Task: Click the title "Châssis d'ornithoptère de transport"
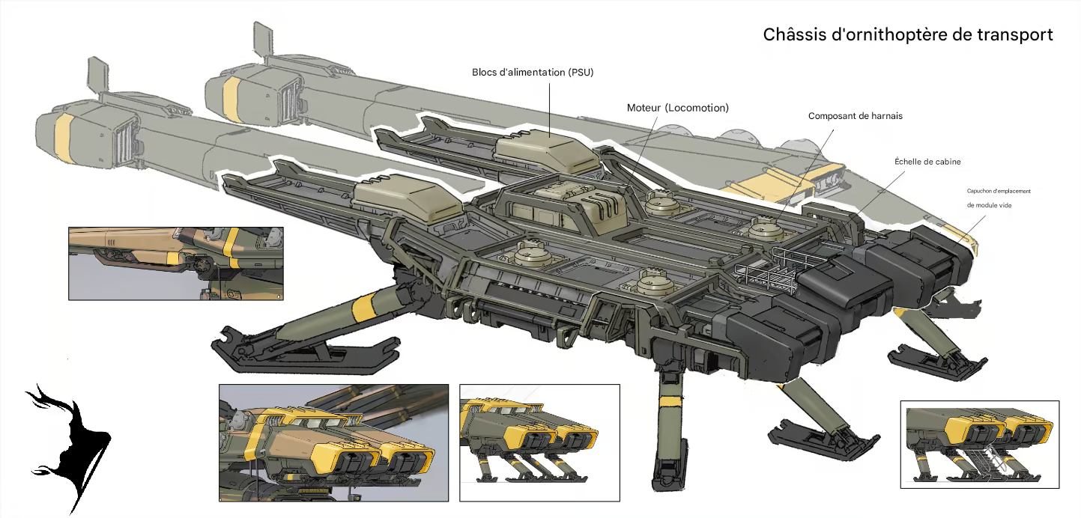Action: pos(908,34)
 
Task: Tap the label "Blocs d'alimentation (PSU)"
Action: pos(533,73)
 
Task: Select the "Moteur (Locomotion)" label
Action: pos(677,108)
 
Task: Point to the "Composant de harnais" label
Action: pos(856,116)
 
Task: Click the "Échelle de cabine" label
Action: pos(927,162)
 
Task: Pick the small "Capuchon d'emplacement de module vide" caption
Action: pos(998,198)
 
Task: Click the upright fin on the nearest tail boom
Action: pos(98,76)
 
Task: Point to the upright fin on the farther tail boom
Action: pos(264,40)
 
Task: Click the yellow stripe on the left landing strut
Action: pos(363,306)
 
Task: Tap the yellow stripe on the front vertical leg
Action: pos(670,401)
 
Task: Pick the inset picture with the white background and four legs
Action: pos(539,442)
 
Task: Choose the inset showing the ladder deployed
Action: pos(980,444)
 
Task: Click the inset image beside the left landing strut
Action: pos(175,263)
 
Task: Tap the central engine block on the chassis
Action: pos(569,208)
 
